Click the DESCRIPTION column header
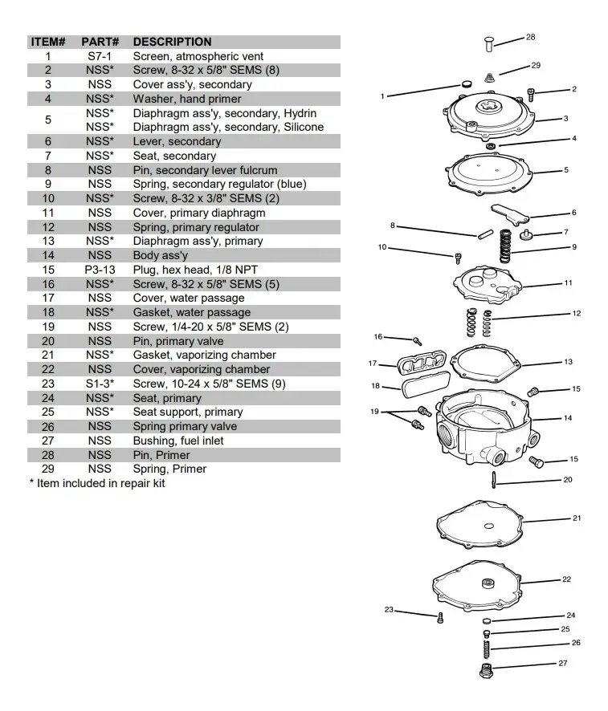[172, 42]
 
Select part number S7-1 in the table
[100, 56]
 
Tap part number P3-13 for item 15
[100, 270]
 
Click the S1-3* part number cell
[100, 384]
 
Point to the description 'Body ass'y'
[160, 256]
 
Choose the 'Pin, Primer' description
[161, 455]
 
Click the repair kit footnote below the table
[97, 483]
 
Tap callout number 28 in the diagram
[530, 37]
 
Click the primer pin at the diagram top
[488, 44]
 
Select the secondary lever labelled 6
[509, 214]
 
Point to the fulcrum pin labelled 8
[485, 234]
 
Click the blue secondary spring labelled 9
[505, 246]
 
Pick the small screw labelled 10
[458, 258]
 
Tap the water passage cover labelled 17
[422, 363]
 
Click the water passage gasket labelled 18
[426, 384]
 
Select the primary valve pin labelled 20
[494, 480]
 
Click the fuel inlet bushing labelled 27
[487, 671]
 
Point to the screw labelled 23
[439, 618]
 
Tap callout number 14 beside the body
[568, 418]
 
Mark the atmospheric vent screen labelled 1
[466, 84]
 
